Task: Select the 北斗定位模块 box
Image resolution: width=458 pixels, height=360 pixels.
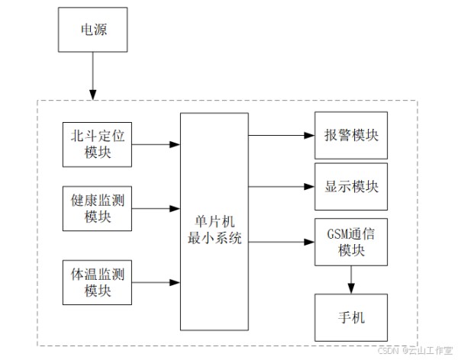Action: pyautogui.click(x=98, y=143)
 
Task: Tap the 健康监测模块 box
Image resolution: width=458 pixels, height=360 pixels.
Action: pyautogui.click(x=98, y=207)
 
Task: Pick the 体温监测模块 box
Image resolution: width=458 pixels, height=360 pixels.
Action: pyautogui.click(x=98, y=281)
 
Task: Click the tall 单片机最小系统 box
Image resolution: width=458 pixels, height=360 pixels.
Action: pyautogui.click(x=214, y=221)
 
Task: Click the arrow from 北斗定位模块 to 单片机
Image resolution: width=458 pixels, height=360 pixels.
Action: pyautogui.click(x=156, y=143)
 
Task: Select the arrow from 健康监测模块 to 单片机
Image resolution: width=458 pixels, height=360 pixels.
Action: pyautogui.click(x=156, y=207)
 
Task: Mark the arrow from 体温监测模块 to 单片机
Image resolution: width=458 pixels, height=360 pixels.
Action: pyautogui.click(x=156, y=281)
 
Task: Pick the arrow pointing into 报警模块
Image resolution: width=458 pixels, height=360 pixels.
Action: pyautogui.click(x=281, y=135)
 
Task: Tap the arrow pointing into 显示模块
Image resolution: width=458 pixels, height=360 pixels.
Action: pyautogui.click(x=281, y=186)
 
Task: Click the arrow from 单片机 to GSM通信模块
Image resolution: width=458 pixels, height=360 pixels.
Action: pyautogui.click(x=281, y=242)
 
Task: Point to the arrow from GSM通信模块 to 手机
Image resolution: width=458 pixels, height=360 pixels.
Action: pyautogui.click(x=351, y=278)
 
